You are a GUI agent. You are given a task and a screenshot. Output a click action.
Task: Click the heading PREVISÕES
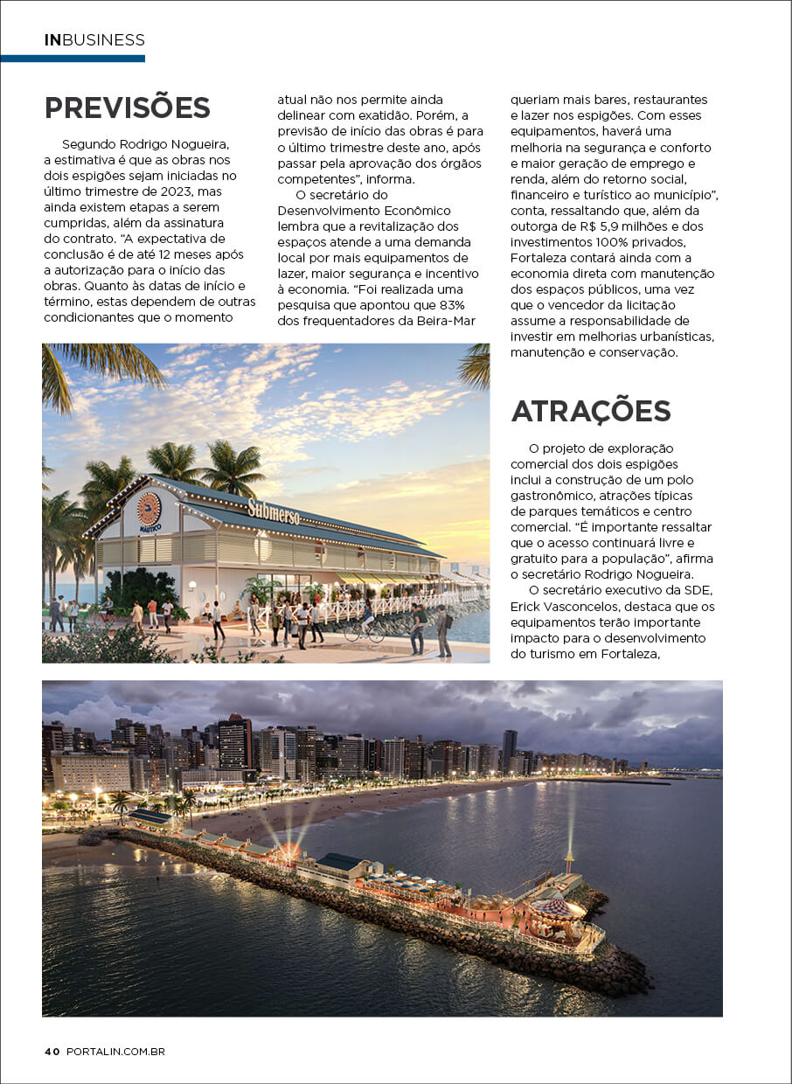127,108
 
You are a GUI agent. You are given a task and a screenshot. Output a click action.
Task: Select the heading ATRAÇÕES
591,411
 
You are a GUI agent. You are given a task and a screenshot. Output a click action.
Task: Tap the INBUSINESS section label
94,40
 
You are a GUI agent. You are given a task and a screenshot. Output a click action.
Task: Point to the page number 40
52,1052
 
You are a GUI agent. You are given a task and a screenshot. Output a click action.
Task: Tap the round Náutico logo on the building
149,509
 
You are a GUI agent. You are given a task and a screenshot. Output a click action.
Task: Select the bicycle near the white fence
363,631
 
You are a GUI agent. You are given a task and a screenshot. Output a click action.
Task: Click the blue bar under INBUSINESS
73,59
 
